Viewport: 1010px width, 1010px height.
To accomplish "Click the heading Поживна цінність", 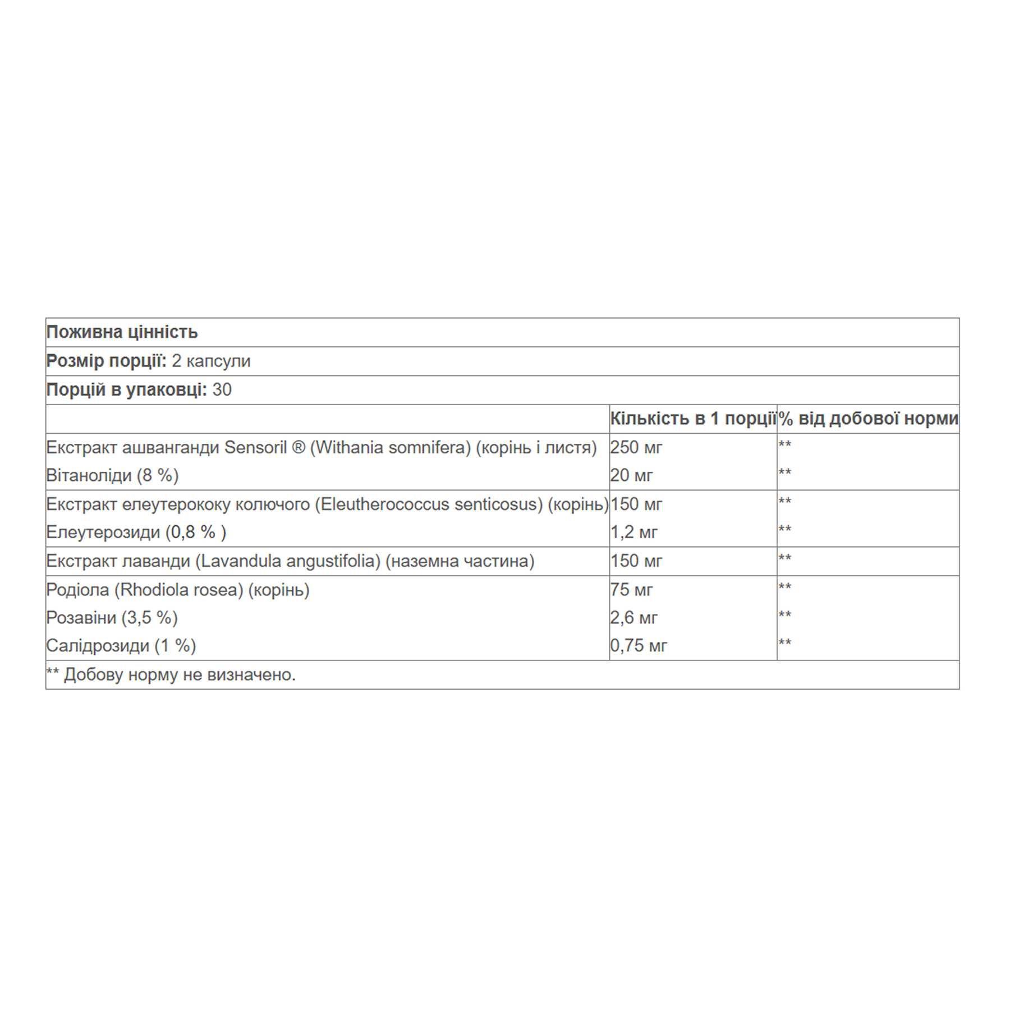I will click(122, 332).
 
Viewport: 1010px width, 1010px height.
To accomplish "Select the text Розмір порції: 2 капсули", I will click(148, 361).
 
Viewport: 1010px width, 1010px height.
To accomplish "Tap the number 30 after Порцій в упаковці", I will click(222, 390).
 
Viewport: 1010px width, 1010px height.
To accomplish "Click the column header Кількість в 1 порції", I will click(692, 419).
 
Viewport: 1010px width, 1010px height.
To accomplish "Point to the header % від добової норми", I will click(868, 419).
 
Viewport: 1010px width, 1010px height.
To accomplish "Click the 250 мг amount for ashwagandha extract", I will click(636, 448).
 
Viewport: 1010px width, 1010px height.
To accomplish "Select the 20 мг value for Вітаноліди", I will click(631, 476).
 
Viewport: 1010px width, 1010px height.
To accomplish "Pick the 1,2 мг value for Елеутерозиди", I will click(633, 532).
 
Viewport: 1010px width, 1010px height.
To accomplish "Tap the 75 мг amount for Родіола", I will click(631, 590).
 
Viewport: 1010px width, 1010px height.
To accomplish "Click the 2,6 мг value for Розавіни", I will click(633, 618).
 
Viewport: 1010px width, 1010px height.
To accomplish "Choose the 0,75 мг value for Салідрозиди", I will click(639, 646).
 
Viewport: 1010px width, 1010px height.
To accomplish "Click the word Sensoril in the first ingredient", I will click(256, 448).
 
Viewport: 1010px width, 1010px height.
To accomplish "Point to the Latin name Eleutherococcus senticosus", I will click(428, 504).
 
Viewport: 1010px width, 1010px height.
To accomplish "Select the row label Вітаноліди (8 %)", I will click(112, 476).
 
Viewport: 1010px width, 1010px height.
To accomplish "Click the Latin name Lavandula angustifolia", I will click(288, 561).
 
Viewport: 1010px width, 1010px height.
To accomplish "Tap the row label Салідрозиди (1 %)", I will click(121, 646).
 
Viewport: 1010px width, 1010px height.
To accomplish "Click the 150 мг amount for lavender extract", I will click(636, 561).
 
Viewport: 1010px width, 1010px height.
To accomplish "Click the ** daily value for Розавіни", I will click(784, 615).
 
